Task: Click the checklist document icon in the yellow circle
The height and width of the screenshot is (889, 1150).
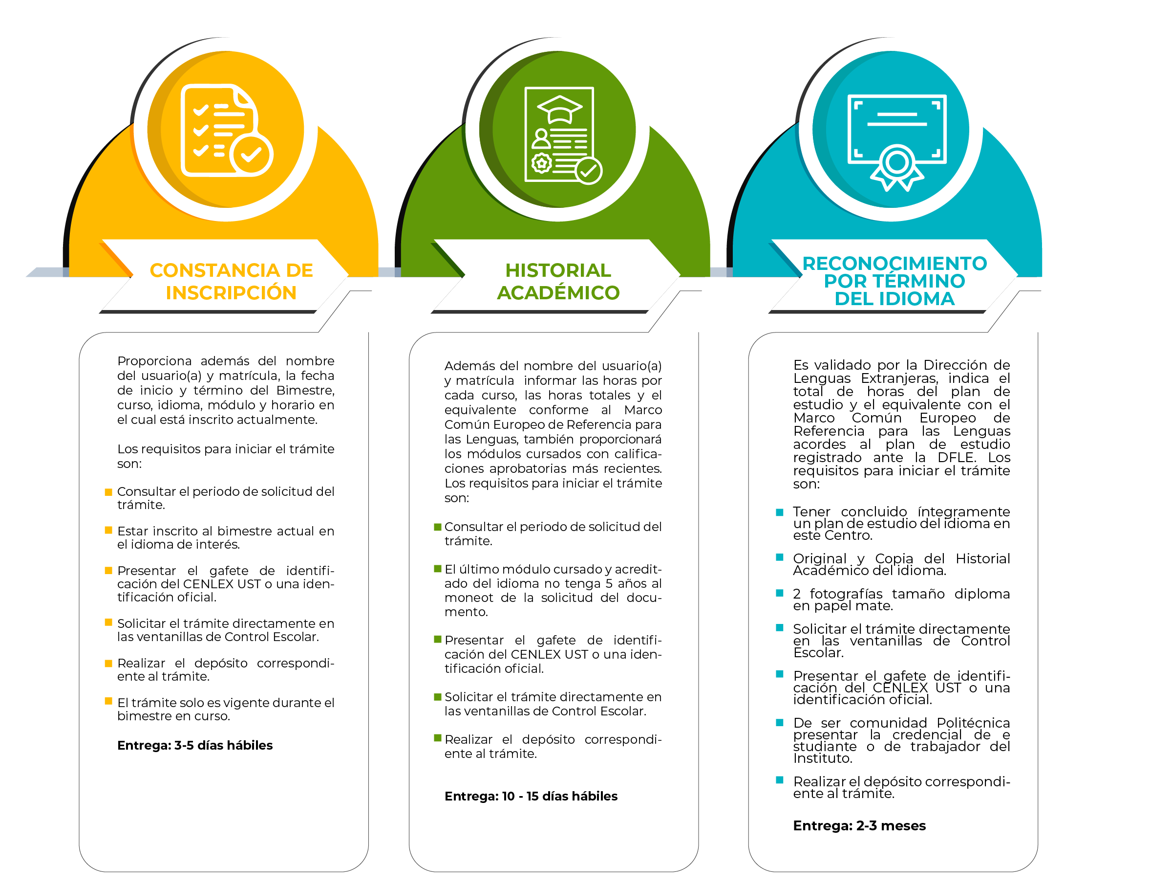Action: pos(226,130)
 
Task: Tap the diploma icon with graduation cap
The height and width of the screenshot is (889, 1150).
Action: pos(563,135)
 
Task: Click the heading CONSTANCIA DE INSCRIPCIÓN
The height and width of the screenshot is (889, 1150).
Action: pos(231,281)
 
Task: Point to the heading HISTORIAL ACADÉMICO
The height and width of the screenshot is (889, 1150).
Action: pos(558,281)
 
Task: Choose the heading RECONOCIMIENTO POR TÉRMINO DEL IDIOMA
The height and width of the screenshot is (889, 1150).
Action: pos(894,280)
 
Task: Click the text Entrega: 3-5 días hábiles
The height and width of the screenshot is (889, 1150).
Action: pos(195,745)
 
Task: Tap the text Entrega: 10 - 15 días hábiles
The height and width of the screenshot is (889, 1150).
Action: pos(531,796)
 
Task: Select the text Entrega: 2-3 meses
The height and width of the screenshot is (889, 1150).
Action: pos(859,825)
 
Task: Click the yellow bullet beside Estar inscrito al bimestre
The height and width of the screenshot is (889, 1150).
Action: pos(108,530)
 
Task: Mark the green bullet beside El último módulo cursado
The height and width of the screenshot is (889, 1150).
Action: pos(437,569)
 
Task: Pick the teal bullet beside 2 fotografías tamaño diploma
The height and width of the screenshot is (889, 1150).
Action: pos(780,593)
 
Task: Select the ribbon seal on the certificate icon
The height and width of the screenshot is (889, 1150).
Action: pos(897,168)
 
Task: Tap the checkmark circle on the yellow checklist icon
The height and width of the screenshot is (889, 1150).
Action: pos(251,155)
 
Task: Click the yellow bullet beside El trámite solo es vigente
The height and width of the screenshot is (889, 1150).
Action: pos(108,701)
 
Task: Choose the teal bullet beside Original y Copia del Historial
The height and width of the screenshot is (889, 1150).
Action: pos(780,557)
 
